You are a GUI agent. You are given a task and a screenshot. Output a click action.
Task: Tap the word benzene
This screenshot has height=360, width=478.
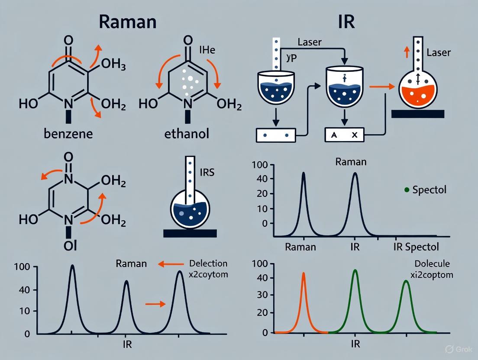point(68,133)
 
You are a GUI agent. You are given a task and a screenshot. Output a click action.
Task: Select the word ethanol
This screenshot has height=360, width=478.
point(187,133)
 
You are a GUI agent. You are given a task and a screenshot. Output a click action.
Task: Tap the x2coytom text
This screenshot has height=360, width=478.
point(209,274)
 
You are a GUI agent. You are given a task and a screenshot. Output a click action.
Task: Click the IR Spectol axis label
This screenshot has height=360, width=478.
point(416,247)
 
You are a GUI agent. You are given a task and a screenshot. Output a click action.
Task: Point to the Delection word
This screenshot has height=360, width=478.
point(208,264)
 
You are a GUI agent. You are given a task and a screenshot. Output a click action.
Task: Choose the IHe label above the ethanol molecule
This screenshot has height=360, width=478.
point(207,50)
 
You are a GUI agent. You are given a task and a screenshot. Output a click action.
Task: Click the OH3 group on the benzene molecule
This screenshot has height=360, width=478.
point(113,66)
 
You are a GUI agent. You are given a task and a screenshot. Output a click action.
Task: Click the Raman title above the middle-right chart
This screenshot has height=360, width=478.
point(351,162)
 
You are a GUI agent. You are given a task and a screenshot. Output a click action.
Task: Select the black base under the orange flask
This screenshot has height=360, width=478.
point(417,114)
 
